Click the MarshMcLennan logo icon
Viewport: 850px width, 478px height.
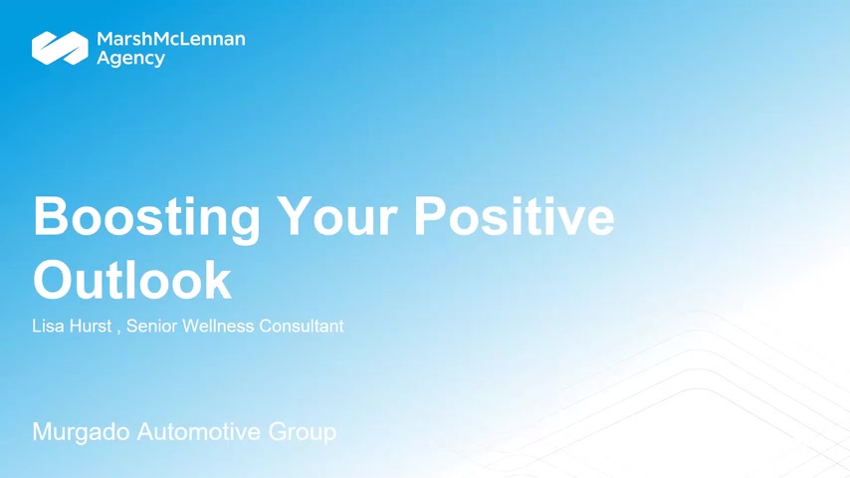point(60,48)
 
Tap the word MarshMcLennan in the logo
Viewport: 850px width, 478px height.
point(171,39)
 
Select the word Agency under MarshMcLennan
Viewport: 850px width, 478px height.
point(130,59)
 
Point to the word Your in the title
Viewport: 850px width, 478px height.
point(336,217)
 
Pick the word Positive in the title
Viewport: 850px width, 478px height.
point(514,216)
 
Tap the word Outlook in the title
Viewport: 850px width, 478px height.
point(132,280)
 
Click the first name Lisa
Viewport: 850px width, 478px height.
point(48,326)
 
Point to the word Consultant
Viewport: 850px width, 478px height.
point(302,326)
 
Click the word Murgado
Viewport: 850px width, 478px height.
point(82,432)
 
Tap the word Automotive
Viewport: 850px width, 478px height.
point(199,432)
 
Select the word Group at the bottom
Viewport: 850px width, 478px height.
point(302,432)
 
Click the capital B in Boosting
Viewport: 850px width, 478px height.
point(52,216)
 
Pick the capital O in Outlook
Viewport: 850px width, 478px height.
point(54,280)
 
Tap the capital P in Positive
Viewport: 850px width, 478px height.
point(432,216)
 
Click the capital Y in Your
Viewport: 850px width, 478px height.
point(295,216)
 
